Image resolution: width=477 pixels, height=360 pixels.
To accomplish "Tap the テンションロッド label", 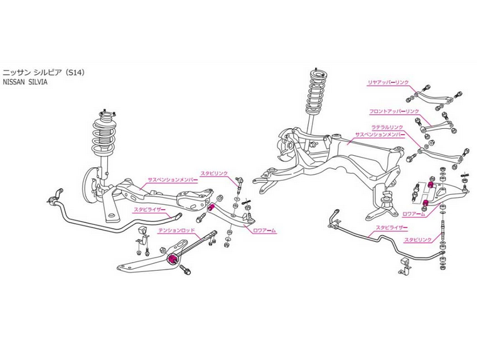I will tap(176, 231).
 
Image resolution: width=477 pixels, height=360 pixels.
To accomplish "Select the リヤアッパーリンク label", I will tap(389, 82).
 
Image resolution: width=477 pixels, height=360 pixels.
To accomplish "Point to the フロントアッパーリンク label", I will tap(394, 111).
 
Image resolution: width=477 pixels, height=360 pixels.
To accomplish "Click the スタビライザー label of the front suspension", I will tap(149, 209).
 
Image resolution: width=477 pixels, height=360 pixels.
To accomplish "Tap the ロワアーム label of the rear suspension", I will tap(414, 214).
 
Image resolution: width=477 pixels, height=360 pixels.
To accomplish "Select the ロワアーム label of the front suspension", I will tap(264, 231).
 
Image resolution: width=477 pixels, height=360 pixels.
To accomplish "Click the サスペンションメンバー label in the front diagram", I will tap(172, 179).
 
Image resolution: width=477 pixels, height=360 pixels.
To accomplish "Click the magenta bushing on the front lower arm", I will tap(212, 207).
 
